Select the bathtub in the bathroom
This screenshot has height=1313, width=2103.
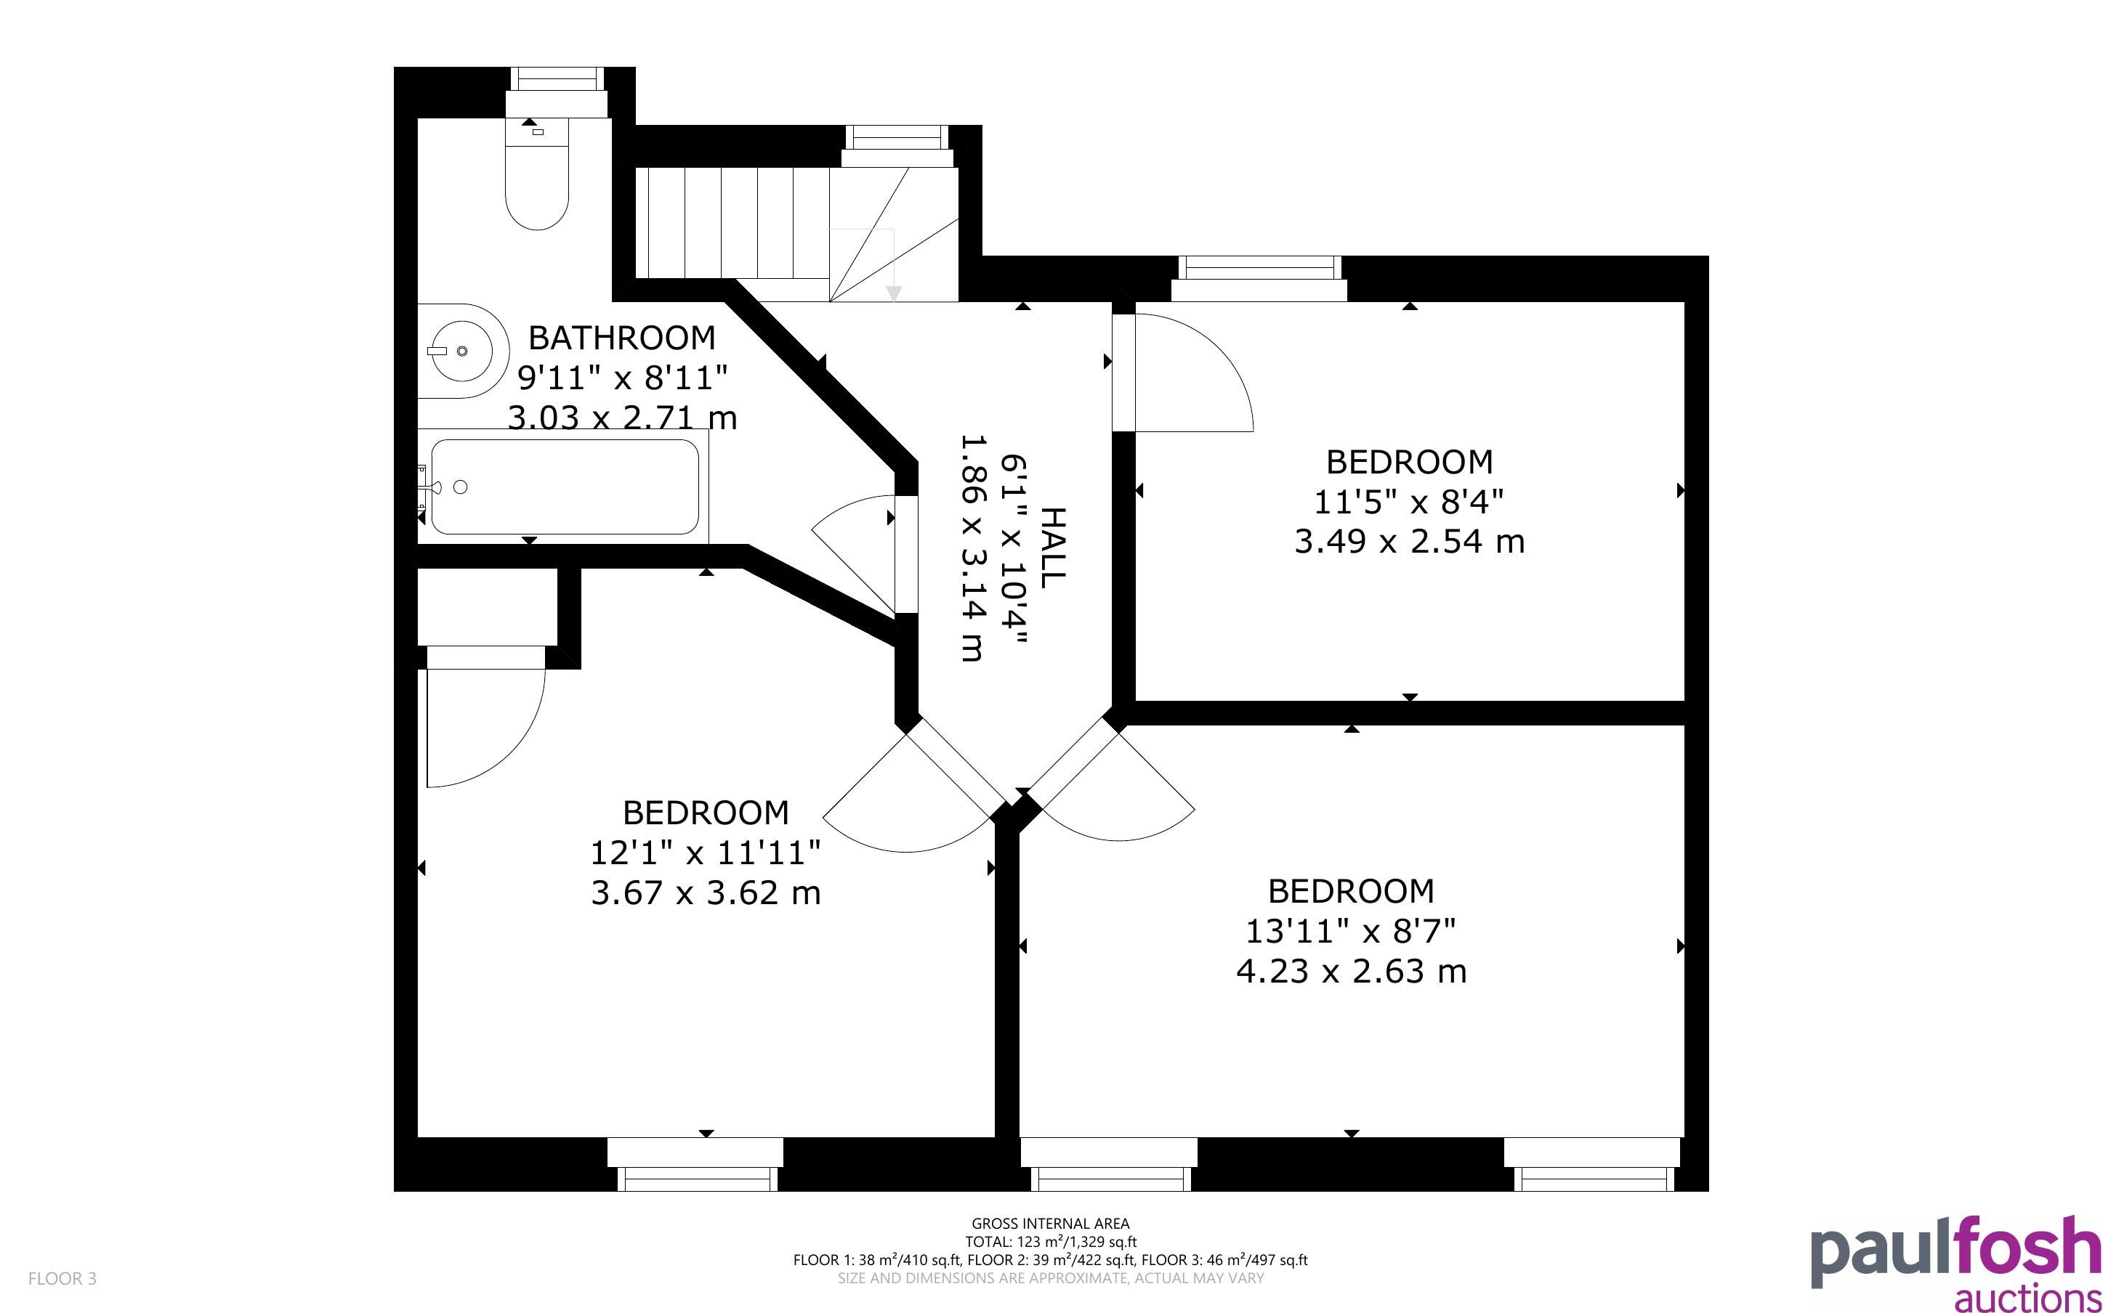coord(564,487)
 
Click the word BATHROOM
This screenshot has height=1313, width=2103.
coord(622,337)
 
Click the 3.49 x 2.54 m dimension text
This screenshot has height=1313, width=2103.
coord(1409,542)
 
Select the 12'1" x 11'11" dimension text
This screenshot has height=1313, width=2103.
coord(706,853)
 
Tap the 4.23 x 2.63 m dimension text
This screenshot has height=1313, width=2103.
coord(1351,971)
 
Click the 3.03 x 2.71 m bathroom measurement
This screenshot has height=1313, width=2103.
coord(622,418)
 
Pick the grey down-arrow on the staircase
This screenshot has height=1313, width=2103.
coord(894,293)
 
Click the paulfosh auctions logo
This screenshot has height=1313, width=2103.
coord(1956,1264)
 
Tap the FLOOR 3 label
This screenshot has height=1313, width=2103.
coord(62,1278)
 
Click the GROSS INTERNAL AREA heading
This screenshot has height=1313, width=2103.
coord(1050,1224)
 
